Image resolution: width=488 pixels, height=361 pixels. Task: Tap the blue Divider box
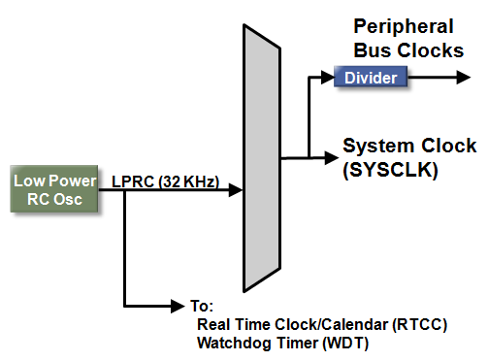[370, 77]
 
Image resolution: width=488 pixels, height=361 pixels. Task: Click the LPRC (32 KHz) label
[163, 181]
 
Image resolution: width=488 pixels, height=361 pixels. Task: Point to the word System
[375, 146]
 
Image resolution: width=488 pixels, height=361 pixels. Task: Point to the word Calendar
[346, 323]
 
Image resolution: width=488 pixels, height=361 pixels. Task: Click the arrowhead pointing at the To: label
[181, 304]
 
